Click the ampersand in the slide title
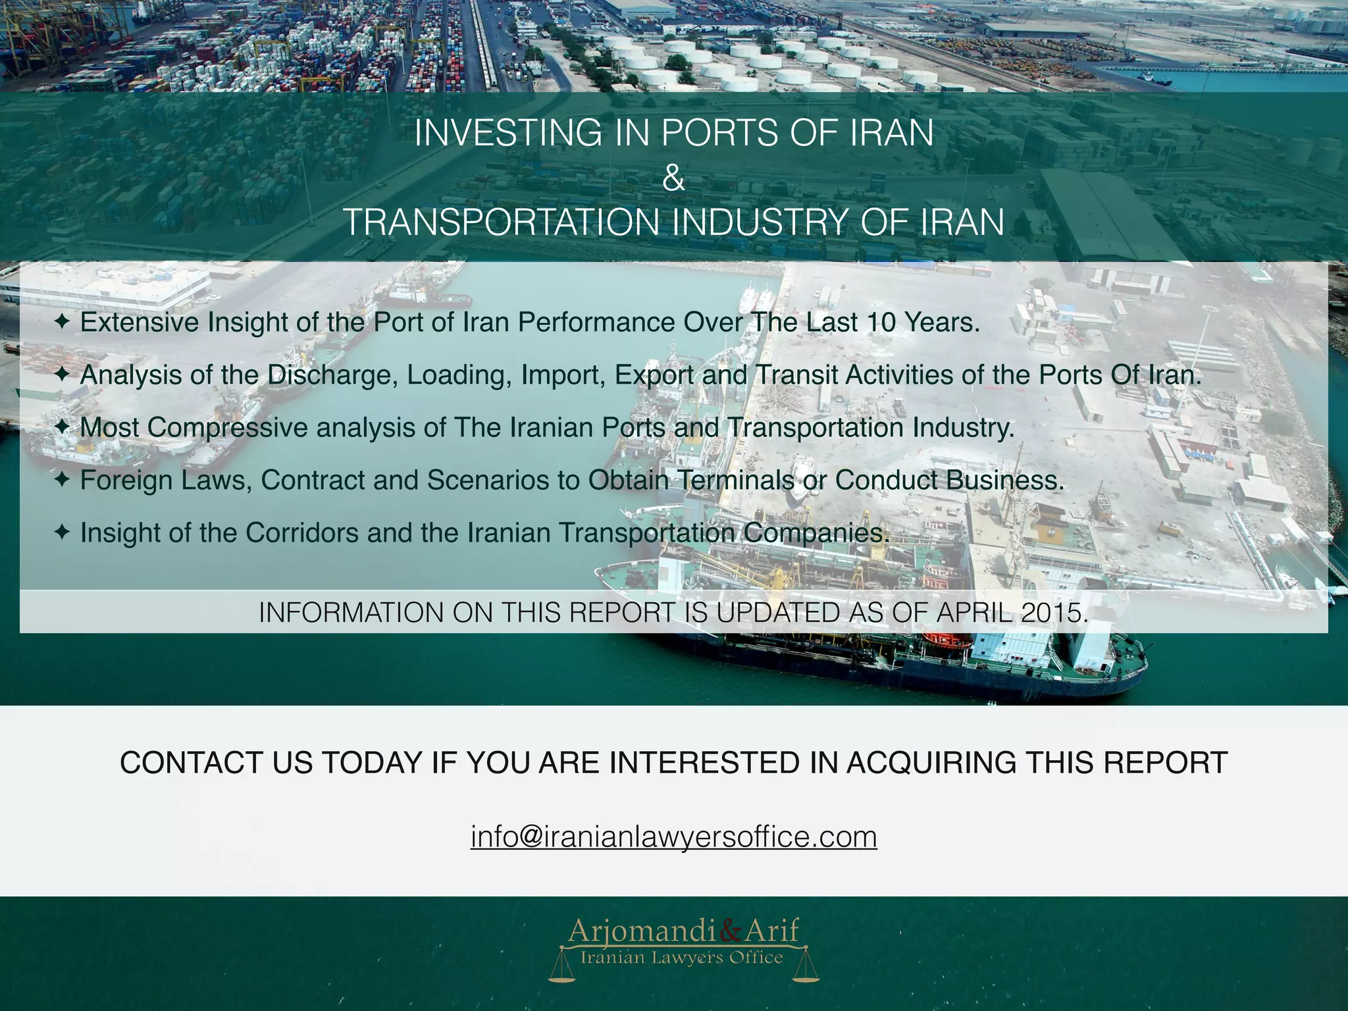pos(673,178)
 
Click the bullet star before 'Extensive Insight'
pos(61,323)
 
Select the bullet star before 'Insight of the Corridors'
pos(61,533)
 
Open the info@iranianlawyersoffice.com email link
pos(673,837)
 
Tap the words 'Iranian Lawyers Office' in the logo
pos(681,958)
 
